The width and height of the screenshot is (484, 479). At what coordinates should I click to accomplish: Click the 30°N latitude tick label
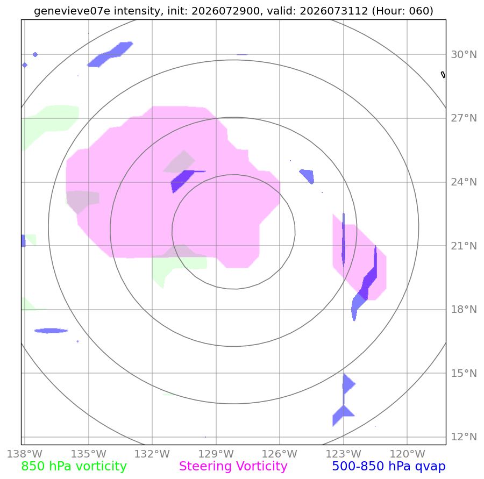pos(464,55)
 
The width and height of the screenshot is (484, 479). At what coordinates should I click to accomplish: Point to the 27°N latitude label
pos(464,118)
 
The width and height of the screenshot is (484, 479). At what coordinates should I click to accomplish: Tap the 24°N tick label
pos(464,182)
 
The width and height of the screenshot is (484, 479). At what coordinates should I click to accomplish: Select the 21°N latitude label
pos(464,246)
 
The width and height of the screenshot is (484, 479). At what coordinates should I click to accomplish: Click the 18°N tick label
pos(464,310)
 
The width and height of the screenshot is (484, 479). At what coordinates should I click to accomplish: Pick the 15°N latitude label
pos(464,374)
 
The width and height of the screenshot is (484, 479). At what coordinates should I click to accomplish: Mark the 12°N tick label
pos(464,437)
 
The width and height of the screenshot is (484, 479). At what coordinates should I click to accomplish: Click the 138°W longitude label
pos(25,454)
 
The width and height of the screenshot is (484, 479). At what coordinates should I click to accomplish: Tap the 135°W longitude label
pos(89,454)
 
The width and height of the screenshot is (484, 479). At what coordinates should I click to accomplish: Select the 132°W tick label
pos(152,454)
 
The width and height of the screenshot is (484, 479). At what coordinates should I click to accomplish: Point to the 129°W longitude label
pos(216,454)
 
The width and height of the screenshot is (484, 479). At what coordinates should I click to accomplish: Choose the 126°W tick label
pos(280,454)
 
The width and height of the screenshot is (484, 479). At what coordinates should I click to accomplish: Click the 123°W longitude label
pos(344,454)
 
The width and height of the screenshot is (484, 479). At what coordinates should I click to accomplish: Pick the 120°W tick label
pos(408,454)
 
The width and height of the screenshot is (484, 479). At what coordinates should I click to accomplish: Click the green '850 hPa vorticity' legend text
pos(74,466)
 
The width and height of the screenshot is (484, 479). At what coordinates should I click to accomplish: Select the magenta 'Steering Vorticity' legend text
pos(233,466)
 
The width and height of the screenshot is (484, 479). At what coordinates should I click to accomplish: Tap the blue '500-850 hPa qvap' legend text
pos(389,466)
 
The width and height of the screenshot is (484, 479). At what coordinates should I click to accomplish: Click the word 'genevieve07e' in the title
pos(72,11)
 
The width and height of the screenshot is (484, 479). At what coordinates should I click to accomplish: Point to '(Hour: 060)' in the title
pos(402,11)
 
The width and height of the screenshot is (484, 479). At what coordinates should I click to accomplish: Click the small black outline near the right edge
pos(443,75)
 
